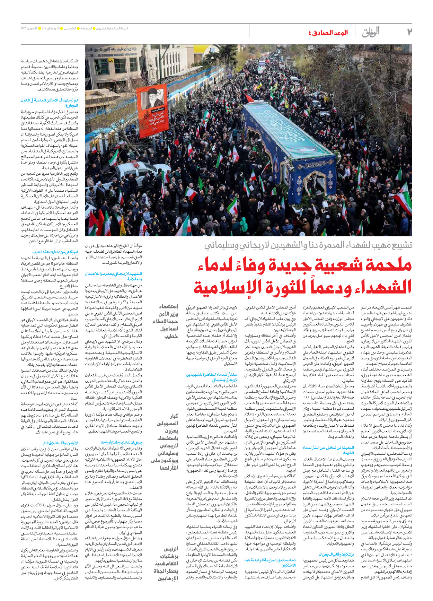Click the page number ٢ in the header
[x=409, y=32]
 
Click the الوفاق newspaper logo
[x=371, y=32]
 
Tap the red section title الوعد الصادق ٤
[x=328, y=33]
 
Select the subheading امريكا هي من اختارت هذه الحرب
[x=55, y=252]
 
